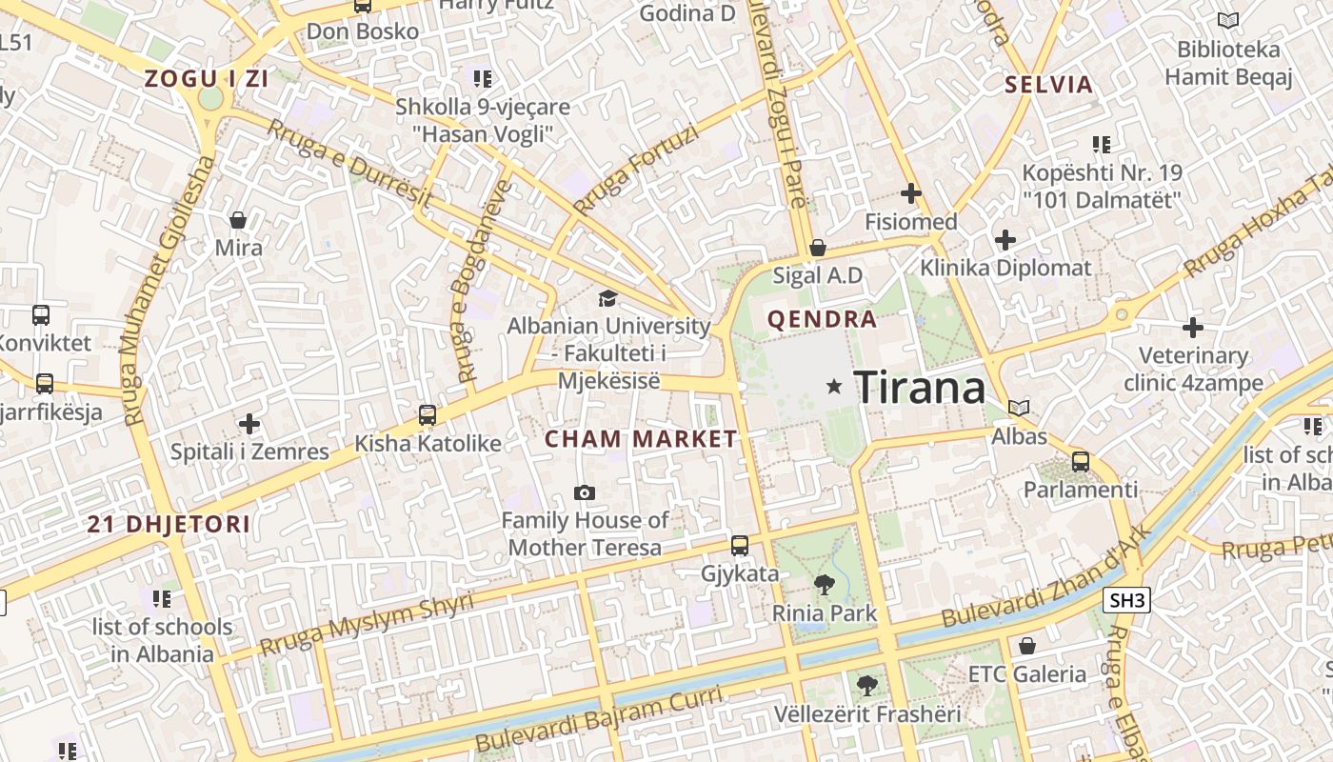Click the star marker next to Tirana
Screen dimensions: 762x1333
(835, 386)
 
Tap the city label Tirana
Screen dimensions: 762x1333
(920, 388)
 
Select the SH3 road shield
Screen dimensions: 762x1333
(1127, 600)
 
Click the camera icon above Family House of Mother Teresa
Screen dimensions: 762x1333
(585, 492)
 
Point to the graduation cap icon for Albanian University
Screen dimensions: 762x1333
(607, 299)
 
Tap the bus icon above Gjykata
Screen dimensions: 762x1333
(740, 546)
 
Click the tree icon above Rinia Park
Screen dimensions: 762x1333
(824, 585)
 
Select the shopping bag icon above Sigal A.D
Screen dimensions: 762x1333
(817, 248)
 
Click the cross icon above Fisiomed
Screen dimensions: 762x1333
(911, 193)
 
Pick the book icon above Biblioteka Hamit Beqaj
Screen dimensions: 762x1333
(1228, 20)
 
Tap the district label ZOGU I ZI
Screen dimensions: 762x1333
(207, 79)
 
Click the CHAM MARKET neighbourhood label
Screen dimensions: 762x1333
(641, 439)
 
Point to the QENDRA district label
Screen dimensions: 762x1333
(822, 319)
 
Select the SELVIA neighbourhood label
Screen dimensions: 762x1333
(1049, 85)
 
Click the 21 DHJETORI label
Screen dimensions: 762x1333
(169, 524)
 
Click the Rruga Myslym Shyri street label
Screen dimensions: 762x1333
(367, 625)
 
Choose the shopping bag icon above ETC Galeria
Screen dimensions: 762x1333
(1027, 646)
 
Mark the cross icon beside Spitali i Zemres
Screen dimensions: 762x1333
(249, 423)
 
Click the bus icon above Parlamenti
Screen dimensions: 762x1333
(1081, 462)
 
